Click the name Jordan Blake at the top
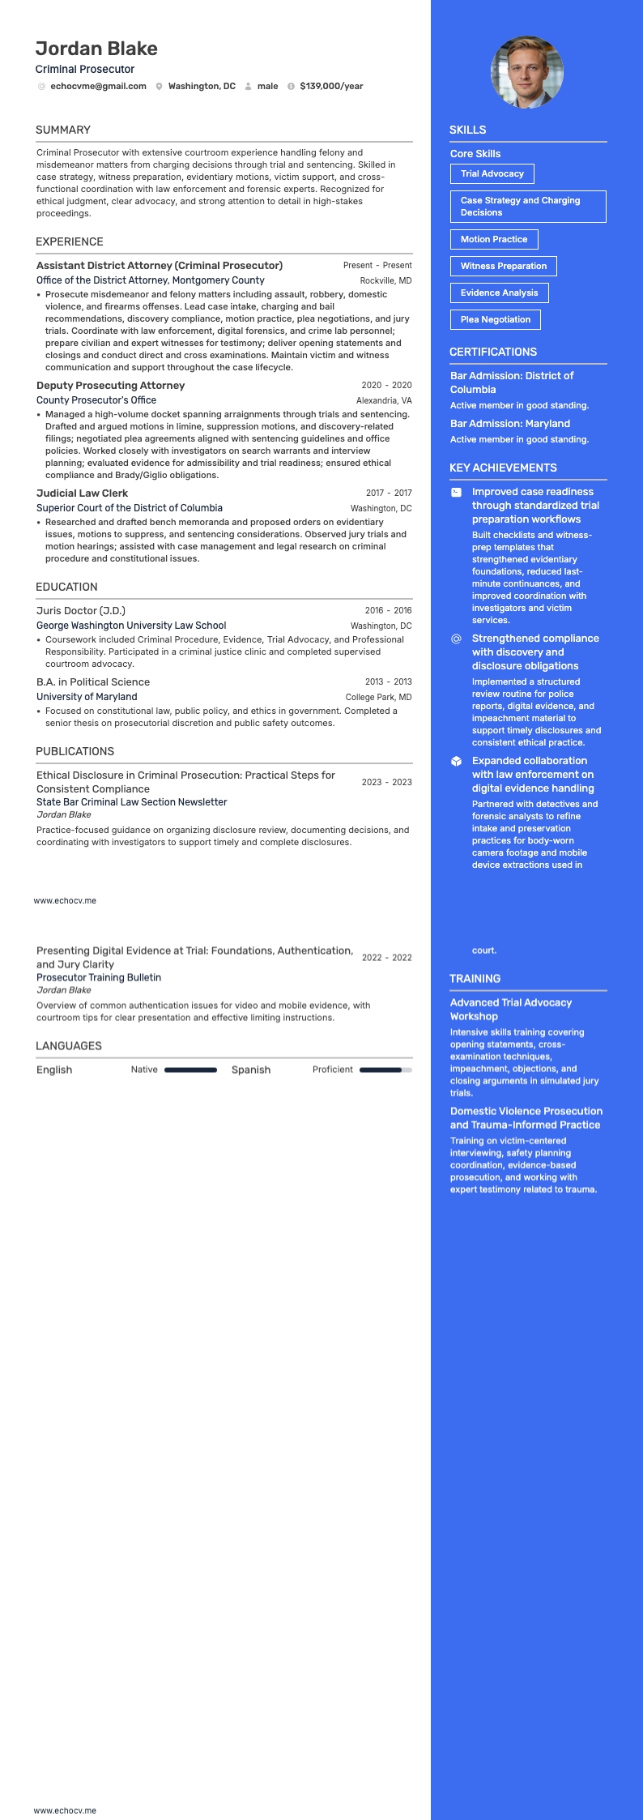pyautogui.click(x=96, y=49)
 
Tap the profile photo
pyautogui.click(x=526, y=72)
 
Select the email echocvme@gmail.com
pyautogui.click(x=98, y=86)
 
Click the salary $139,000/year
pyautogui.click(x=331, y=86)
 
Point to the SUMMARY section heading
pyautogui.click(x=63, y=130)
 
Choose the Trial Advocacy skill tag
pyautogui.click(x=492, y=173)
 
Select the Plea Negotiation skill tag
pyautogui.click(x=495, y=319)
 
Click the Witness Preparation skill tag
pyautogui.click(x=503, y=266)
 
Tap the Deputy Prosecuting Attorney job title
pyautogui.click(x=110, y=386)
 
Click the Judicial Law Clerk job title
pyautogui.click(x=82, y=493)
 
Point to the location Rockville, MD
pyautogui.click(x=385, y=280)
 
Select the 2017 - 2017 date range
pyautogui.click(x=389, y=493)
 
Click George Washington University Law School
pyautogui.click(x=131, y=626)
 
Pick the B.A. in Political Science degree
pyautogui.click(x=93, y=682)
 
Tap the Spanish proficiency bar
pyautogui.click(x=385, y=1070)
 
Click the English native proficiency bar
pyautogui.click(x=190, y=1070)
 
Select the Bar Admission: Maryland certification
pyautogui.click(x=510, y=424)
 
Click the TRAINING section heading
pyautogui.click(x=475, y=979)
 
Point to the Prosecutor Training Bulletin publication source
pyautogui.click(x=99, y=977)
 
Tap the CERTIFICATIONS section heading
pyautogui.click(x=493, y=352)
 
